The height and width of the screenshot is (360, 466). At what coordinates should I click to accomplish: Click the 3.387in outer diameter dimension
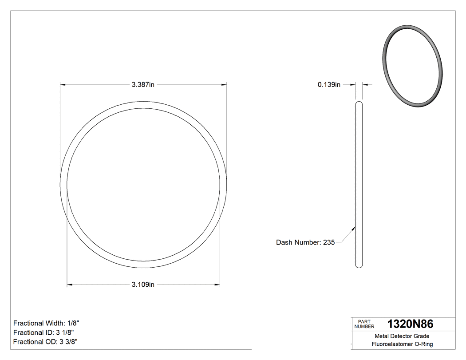(x=143, y=85)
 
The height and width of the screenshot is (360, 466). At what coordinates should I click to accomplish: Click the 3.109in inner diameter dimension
(x=143, y=285)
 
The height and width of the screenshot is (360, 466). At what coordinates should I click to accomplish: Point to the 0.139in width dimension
(x=329, y=85)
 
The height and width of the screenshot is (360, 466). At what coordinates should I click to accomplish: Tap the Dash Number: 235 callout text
(x=305, y=242)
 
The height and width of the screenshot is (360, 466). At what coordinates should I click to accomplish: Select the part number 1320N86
(x=411, y=324)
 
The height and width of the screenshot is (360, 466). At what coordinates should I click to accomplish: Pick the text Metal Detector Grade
(x=402, y=336)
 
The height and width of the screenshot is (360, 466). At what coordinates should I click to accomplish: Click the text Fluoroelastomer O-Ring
(x=402, y=344)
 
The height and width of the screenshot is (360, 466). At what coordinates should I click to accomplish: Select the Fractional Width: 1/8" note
(x=47, y=323)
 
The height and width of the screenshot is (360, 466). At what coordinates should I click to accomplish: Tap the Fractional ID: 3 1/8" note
(x=43, y=332)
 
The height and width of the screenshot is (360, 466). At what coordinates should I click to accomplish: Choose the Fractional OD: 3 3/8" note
(x=46, y=342)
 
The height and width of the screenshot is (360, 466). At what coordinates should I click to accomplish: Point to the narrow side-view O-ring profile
(x=359, y=184)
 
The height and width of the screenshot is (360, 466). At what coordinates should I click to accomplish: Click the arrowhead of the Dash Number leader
(x=354, y=229)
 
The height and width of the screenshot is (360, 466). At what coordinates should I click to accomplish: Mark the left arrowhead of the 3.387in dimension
(x=63, y=84)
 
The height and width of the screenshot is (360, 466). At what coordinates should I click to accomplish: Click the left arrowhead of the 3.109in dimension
(x=69, y=285)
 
